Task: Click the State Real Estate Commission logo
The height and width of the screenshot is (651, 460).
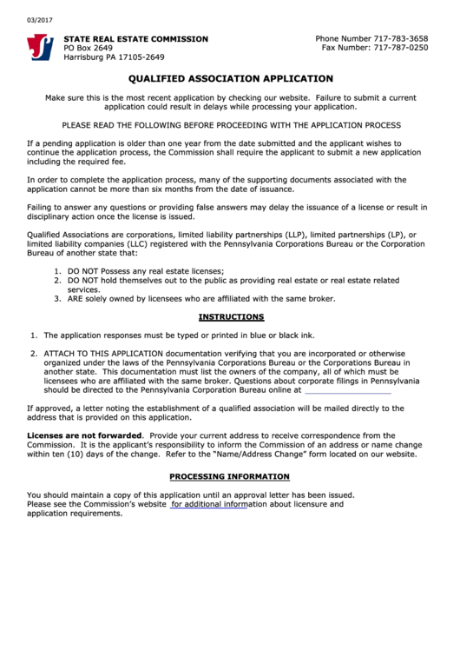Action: click(x=40, y=47)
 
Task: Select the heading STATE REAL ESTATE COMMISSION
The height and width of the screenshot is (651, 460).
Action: click(x=135, y=39)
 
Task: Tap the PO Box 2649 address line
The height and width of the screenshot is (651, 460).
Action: click(x=88, y=48)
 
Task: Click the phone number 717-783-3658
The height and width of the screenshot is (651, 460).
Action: click(x=399, y=39)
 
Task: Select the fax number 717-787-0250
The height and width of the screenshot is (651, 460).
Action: click(x=399, y=48)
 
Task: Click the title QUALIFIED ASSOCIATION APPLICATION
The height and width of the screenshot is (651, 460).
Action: click(x=229, y=77)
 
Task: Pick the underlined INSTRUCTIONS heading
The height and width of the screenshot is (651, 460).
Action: click(x=231, y=317)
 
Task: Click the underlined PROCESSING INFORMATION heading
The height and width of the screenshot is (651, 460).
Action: click(x=229, y=476)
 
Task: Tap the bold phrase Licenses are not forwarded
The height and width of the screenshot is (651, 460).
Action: click(x=84, y=435)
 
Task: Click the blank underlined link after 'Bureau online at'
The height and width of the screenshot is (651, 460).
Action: click(x=348, y=390)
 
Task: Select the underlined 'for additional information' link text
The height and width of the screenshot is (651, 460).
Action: click(x=208, y=504)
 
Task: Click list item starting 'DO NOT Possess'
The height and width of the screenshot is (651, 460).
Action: click(x=134, y=271)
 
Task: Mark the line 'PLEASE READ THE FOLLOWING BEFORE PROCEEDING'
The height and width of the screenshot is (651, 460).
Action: click(x=230, y=125)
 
